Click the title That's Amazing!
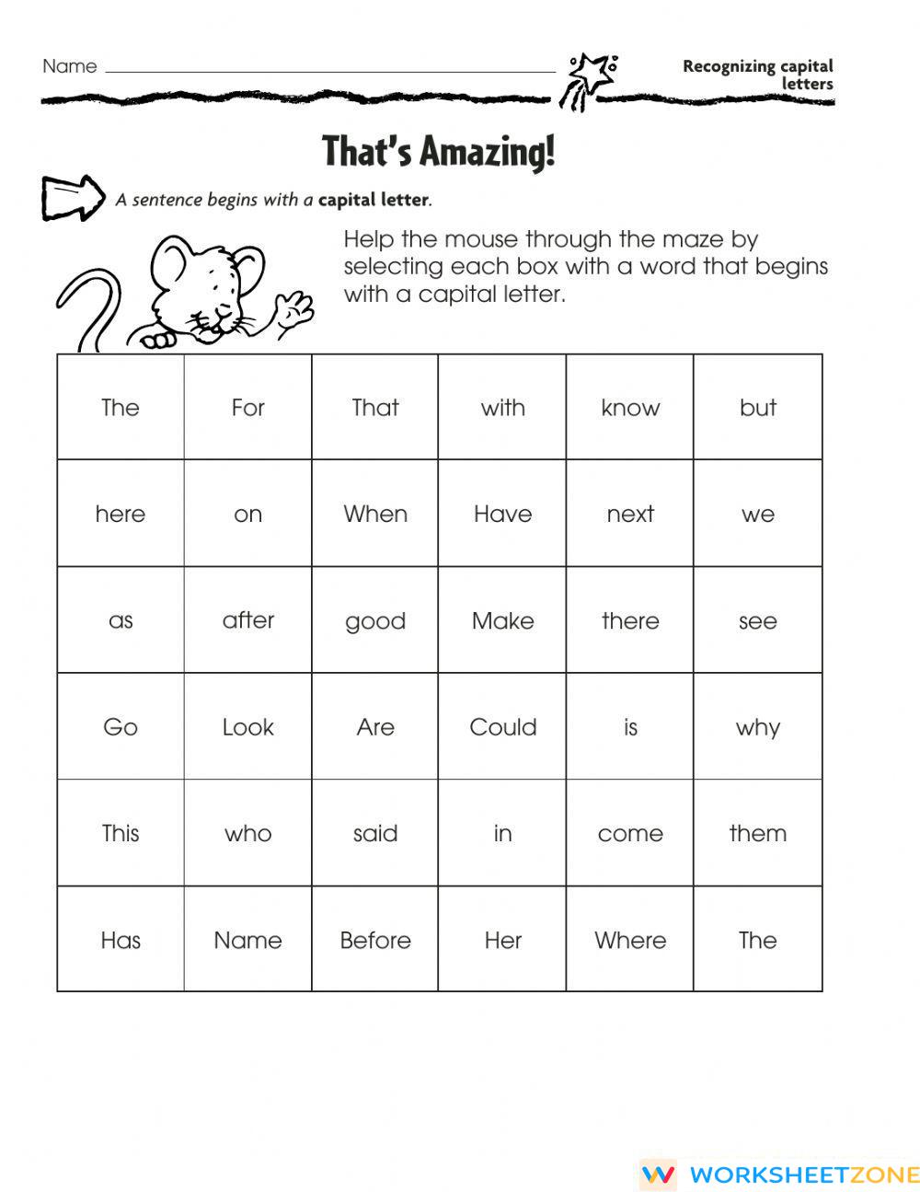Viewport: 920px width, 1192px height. pyautogui.click(x=439, y=151)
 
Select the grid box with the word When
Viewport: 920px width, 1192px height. pyautogui.click(x=375, y=514)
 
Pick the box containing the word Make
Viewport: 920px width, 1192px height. pyautogui.click(x=502, y=620)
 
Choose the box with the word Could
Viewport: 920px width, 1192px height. pyautogui.click(x=502, y=727)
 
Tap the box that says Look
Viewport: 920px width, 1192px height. pyautogui.click(x=247, y=727)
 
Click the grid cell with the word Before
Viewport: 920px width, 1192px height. pyautogui.click(x=375, y=940)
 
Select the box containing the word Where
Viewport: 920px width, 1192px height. pyautogui.click(x=630, y=940)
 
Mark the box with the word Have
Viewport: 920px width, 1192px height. pyautogui.click(x=502, y=514)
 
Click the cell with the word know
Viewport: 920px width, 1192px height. pyautogui.click(x=630, y=408)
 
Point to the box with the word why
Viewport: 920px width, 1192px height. pyautogui.click(x=757, y=727)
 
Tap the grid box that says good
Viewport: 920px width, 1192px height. pyautogui.click(x=375, y=620)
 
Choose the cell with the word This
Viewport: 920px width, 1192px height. pyautogui.click(x=121, y=834)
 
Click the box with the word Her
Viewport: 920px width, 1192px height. pyautogui.click(x=502, y=940)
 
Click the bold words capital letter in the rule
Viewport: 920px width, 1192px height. pyautogui.click(x=374, y=200)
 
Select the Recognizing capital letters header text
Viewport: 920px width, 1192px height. pyautogui.click(x=759, y=75)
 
